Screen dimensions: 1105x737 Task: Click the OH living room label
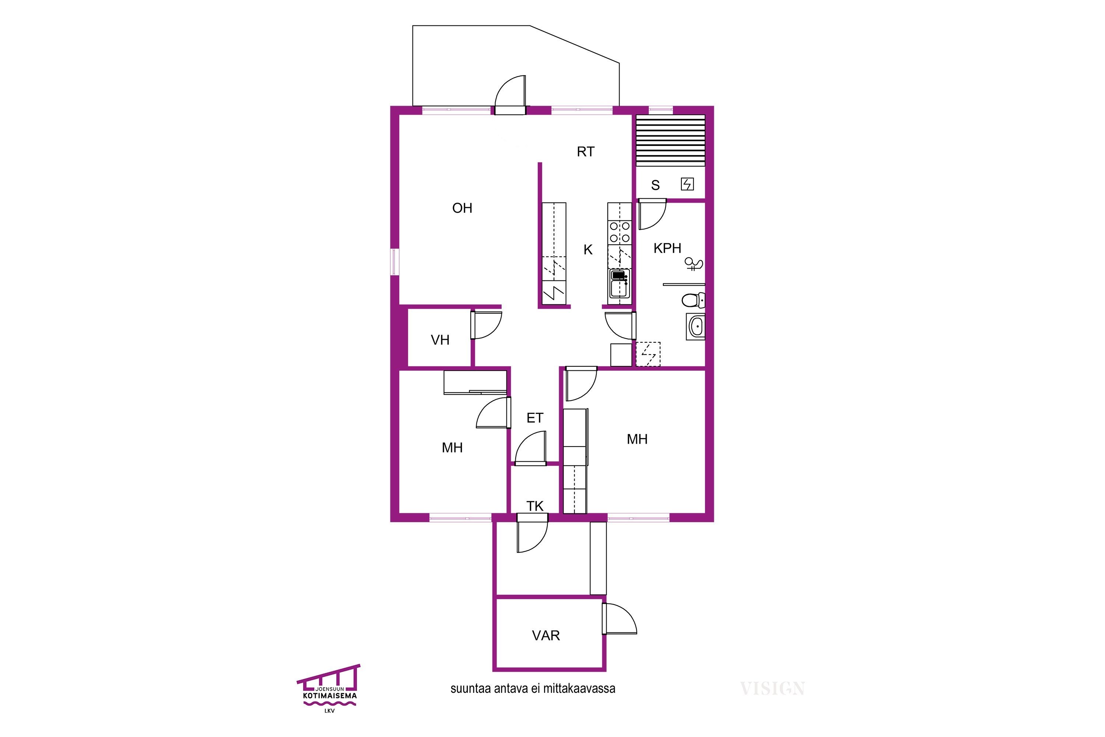pyautogui.click(x=462, y=208)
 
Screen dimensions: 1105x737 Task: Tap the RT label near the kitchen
pyautogui.click(x=585, y=152)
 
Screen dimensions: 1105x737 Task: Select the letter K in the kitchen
pyautogui.click(x=588, y=250)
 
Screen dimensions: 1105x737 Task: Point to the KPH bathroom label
pyautogui.click(x=667, y=248)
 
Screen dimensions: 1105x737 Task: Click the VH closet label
pyautogui.click(x=440, y=340)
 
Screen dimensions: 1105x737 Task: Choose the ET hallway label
pyautogui.click(x=535, y=418)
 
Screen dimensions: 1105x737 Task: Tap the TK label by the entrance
pyautogui.click(x=535, y=506)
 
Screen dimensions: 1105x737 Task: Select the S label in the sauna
pyautogui.click(x=655, y=185)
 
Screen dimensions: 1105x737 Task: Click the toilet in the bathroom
pyautogui.click(x=693, y=300)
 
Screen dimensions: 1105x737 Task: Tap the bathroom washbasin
pyautogui.click(x=696, y=326)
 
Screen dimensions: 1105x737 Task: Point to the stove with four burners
pyautogui.click(x=620, y=233)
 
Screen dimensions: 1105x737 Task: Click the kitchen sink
pyautogui.click(x=620, y=284)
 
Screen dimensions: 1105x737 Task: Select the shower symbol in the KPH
pyautogui.click(x=694, y=264)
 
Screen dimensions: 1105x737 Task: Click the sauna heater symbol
pyautogui.click(x=687, y=184)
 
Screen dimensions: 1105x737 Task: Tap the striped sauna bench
pyautogui.click(x=670, y=140)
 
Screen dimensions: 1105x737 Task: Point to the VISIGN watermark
pyautogui.click(x=772, y=689)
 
